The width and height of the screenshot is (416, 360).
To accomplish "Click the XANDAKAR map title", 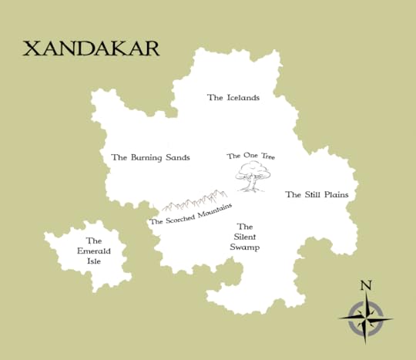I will (x=91, y=49).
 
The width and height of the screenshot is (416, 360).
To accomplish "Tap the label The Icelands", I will (x=233, y=98).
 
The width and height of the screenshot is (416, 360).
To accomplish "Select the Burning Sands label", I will (x=150, y=157).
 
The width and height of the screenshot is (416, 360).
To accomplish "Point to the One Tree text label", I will (x=250, y=156).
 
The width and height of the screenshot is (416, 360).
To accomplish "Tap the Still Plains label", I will (x=317, y=195).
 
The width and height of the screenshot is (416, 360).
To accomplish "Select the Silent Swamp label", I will (x=243, y=237).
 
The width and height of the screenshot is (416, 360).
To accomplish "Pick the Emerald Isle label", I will (x=94, y=251).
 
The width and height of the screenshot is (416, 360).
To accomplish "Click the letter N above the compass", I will (x=366, y=286).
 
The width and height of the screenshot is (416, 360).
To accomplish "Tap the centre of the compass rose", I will (x=365, y=318).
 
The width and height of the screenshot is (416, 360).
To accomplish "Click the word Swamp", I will (x=243, y=247).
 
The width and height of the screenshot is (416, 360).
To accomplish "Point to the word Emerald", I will (x=94, y=251).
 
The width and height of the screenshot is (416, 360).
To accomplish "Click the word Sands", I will (x=176, y=157).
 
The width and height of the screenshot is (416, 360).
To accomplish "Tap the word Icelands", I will (x=242, y=98).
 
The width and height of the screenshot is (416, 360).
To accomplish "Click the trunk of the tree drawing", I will (x=249, y=186).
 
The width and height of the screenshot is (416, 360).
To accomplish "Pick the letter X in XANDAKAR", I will (x=32, y=49).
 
